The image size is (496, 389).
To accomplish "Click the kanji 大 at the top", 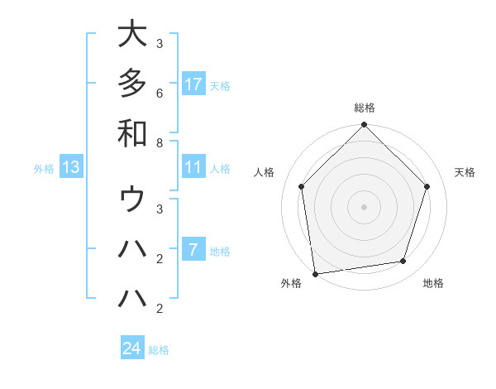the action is (132, 35).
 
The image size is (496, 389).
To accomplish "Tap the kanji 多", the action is (132, 83).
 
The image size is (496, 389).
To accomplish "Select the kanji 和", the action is (132, 132).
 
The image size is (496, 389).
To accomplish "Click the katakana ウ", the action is (132, 199).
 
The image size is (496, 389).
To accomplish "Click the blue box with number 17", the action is (193, 84).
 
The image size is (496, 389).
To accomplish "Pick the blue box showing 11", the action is (193, 168).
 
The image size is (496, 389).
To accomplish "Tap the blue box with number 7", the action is (193, 251).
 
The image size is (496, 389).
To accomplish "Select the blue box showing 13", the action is (71, 168).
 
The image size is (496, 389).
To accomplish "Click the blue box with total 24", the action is (132, 348).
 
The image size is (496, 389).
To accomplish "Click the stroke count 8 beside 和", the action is (159, 142).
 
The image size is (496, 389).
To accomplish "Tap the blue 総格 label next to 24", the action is (160, 350).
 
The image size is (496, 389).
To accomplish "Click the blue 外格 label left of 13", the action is (44, 169).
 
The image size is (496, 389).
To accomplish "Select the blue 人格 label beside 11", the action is (220, 169).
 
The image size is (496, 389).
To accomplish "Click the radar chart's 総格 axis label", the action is (364, 108).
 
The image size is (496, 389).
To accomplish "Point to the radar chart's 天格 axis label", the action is (465, 172).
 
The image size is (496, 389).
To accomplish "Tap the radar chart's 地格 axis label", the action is (433, 284).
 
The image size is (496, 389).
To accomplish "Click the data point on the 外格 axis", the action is (315, 274).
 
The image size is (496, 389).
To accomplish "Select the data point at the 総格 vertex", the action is (364, 126).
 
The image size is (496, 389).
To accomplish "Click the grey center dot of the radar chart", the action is (364, 206).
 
